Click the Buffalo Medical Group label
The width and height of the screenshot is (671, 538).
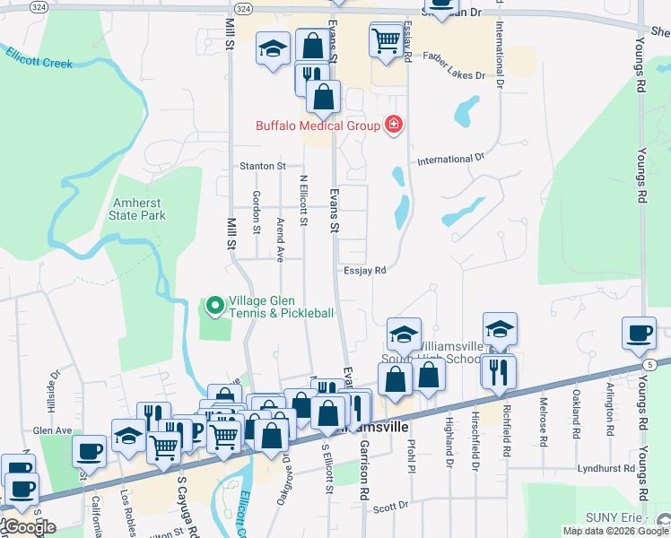click(318, 126)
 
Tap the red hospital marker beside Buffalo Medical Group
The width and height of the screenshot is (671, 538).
click(393, 125)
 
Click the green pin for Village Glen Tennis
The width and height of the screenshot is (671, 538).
click(214, 307)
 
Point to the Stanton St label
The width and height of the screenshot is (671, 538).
click(262, 166)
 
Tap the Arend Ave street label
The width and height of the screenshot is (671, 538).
click(280, 239)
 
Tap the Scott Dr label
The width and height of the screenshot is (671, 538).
click(390, 507)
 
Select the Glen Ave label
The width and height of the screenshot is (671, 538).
click(52, 430)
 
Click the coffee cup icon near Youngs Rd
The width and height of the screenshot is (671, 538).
click(639, 333)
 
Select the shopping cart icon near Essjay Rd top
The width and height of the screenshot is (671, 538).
click(386, 39)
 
